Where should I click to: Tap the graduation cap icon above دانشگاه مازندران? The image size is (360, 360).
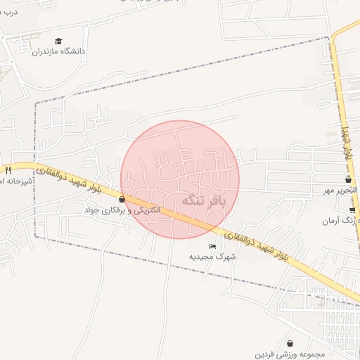(x=58, y=41)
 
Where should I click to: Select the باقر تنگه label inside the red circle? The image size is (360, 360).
(x=205, y=201)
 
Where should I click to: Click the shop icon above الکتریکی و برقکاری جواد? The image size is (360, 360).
(x=122, y=200)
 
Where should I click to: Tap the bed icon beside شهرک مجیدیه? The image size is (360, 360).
(x=212, y=246)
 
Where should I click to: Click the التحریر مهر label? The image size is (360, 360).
(x=340, y=190)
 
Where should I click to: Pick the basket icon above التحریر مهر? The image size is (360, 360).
(x=348, y=180)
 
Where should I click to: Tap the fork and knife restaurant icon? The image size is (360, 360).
(x=8, y=169)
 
